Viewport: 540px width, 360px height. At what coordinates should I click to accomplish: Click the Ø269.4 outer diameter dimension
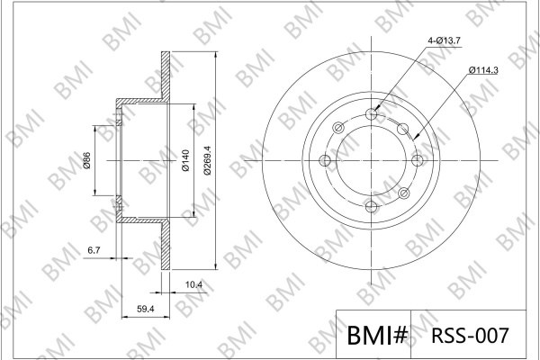pyautogui.click(x=207, y=160)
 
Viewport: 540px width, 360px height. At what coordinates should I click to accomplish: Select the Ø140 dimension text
pyautogui.click(x=185, y=160)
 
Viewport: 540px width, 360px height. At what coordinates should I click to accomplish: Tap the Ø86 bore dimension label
pyautogui.click(x=86, y=160)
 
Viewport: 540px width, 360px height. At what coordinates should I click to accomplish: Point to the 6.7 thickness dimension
pyautogui.click(x=94, y=250)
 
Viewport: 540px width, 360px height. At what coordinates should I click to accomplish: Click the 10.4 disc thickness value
pyautogui.click(x=193, y=285)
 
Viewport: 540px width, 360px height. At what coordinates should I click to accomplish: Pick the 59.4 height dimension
pyautogui.click(x=145, y=309)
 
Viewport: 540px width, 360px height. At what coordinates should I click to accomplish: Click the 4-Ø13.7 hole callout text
pyautogui.click(x=444, y=40)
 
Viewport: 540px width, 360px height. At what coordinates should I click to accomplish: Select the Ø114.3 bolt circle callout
pyautogui.click(x=483, y=70)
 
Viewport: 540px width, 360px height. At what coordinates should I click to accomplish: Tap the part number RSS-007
pyautogui.click(x=470, y=335)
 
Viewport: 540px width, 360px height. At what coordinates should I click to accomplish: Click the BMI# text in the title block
pyautogui.click(x=377, y=335)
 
